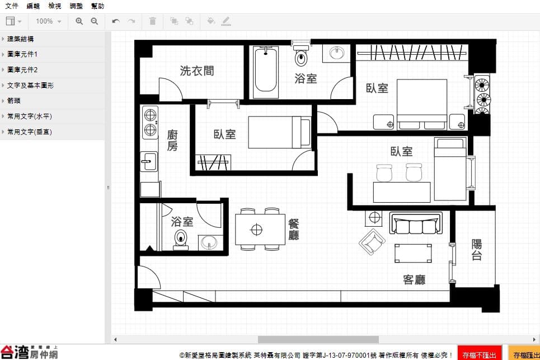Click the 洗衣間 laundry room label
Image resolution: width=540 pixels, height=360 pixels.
pyautogui.click(x=196, y=71)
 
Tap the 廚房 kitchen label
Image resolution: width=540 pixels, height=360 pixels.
pyautogui.click(x=172, y=140)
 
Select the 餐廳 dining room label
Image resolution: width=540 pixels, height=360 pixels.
pyautogui.click(x=293, y=229)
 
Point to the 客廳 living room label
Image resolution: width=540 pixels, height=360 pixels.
pyautogui.click(x=414, y=279)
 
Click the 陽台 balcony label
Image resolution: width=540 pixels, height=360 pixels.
pyautogui.click(x=477, y=249)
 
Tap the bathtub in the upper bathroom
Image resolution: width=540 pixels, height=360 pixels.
pyautogui.click(x=265, y=72)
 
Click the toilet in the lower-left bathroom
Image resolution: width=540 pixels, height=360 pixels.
pyautogui.click(x=181, y=239)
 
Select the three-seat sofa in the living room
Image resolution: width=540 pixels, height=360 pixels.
pyautogui.click(x=416, y=223)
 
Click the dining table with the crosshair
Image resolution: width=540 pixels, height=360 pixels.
pyautogui.click(x=260, y=229)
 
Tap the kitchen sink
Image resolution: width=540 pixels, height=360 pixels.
pyautogui.click(x=149, y=161)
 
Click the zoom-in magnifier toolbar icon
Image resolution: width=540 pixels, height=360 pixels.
pyautogui.click(x=79, y=21)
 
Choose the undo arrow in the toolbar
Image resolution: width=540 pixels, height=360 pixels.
pyautogui.click(x=116, y=21)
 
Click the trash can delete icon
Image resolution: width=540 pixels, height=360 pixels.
pyautogui.click(x=153, y=21)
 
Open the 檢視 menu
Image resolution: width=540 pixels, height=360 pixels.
pyautogui.click(x=54, y=6)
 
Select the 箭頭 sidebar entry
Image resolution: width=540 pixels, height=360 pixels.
pyautogui.click(x=14, y=101)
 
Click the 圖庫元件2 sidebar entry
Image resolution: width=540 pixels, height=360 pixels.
pyautogui.click(x=22, y=69)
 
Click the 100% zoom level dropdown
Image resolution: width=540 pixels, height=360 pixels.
pyautogui.click(x=49, y=21)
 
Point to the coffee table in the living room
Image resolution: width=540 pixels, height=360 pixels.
pyautogui.click(x=413, y=253)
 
